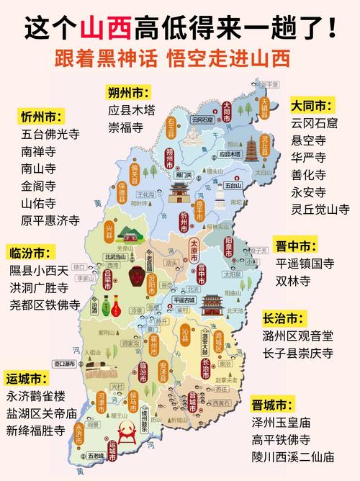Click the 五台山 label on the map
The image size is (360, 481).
tap(233, 185)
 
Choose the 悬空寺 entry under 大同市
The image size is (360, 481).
tap(307, 140)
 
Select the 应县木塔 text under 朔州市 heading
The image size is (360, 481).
tap(132, 110)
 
